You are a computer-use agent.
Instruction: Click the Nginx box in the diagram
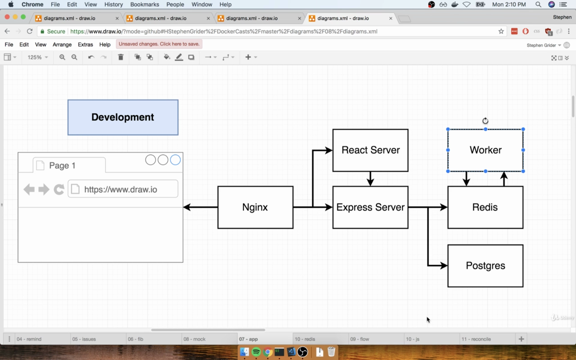pos(255,207)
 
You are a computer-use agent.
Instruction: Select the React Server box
pos(370,150)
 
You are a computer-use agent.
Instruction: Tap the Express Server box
pos(370,207)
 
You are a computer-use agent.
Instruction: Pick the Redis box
pos(485,207)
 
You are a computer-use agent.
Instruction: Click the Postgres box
pos(485,265)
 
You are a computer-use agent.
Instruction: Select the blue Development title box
pos(123,117)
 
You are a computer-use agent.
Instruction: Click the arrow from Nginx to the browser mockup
pos(200,207)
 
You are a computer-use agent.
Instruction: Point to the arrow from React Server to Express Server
pos(370,179)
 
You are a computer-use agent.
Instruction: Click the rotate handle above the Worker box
pos(485,121)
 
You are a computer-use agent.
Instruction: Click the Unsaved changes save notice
pos(159,44)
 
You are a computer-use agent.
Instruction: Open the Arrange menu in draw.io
pos(62,45)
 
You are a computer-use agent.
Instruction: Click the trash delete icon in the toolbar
pos(121,57)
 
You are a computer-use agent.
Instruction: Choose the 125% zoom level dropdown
pos(37,57)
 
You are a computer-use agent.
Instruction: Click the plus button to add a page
pos(521,339)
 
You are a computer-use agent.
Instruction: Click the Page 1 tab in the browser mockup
pos(69,165)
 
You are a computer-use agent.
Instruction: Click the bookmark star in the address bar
pos(501,31)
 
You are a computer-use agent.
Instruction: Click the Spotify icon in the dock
pos(256,351)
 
